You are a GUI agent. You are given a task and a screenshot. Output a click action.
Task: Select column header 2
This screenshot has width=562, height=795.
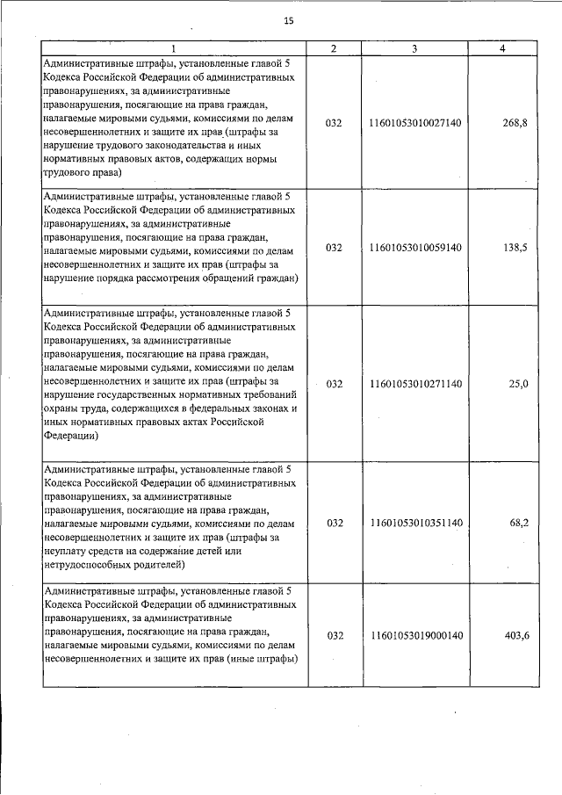[x=334, y=48]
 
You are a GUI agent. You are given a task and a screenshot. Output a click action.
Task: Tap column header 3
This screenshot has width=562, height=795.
[x=414, y=48]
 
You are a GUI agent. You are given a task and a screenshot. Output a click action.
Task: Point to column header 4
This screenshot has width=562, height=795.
[x=501, y=48]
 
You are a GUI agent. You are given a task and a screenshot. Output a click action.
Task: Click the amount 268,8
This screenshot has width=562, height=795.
[x=515, y=123]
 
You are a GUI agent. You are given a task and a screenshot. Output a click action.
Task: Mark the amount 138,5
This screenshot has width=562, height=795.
[x=515, y=249]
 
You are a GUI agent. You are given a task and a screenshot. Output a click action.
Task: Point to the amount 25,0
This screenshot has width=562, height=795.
[x=518, y=384]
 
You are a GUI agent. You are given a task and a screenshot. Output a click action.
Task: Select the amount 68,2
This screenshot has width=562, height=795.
[x=518, y=523]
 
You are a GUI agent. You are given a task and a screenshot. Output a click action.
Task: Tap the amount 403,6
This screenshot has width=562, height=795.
[x=515, y=635]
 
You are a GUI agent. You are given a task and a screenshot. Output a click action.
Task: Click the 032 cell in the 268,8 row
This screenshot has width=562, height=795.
[x=334, y=123]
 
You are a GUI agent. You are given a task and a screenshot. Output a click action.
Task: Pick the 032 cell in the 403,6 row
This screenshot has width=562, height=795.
[x=334, y=635]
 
